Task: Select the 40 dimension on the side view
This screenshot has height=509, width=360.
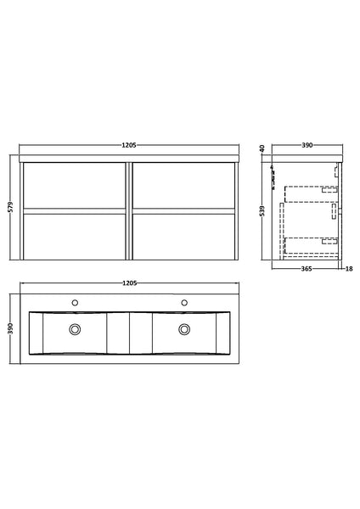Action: click(x=262, y=149)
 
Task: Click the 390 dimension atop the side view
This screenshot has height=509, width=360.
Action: click(x=307, y=145)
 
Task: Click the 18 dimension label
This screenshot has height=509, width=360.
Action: click(x=348, y=271)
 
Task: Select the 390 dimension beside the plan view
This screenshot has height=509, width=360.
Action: click(x=10, y=329)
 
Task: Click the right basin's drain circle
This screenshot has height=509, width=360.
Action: click(x=183, y=330)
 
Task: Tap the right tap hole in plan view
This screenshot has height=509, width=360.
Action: click(x=183, y=301)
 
